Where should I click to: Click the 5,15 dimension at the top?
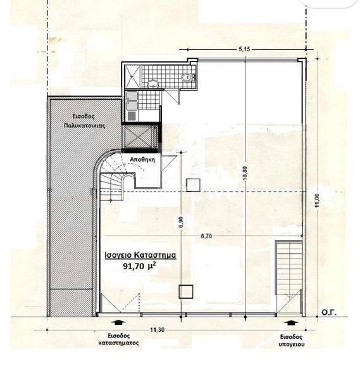point(244,49)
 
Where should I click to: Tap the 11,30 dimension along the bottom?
point(157,330)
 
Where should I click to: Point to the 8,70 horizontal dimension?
point(206,236)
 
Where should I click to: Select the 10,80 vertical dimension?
point(245,173)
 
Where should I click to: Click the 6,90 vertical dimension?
point(182,222)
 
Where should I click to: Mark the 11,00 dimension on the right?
point(318,200)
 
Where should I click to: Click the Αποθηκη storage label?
point(142,160)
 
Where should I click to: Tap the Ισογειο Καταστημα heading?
point(140,255)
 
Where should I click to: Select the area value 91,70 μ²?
point(139,266)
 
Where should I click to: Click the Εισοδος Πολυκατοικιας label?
point(84,121)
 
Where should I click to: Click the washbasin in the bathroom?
point(152,84)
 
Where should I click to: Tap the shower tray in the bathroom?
point(132,77)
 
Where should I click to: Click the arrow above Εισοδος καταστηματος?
point(118,322)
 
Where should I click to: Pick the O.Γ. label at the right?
point(329,312)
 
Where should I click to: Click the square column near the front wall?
point(186,291)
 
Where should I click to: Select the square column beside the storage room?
point(193,185)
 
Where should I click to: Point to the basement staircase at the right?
point(289,267)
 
